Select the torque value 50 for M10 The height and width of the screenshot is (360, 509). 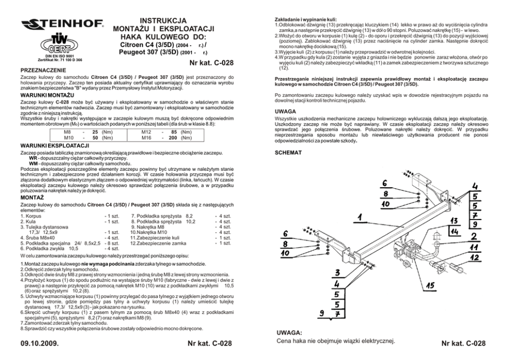95,137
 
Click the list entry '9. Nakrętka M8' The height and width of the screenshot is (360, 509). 148,226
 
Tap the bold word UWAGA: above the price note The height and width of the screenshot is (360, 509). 289,332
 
